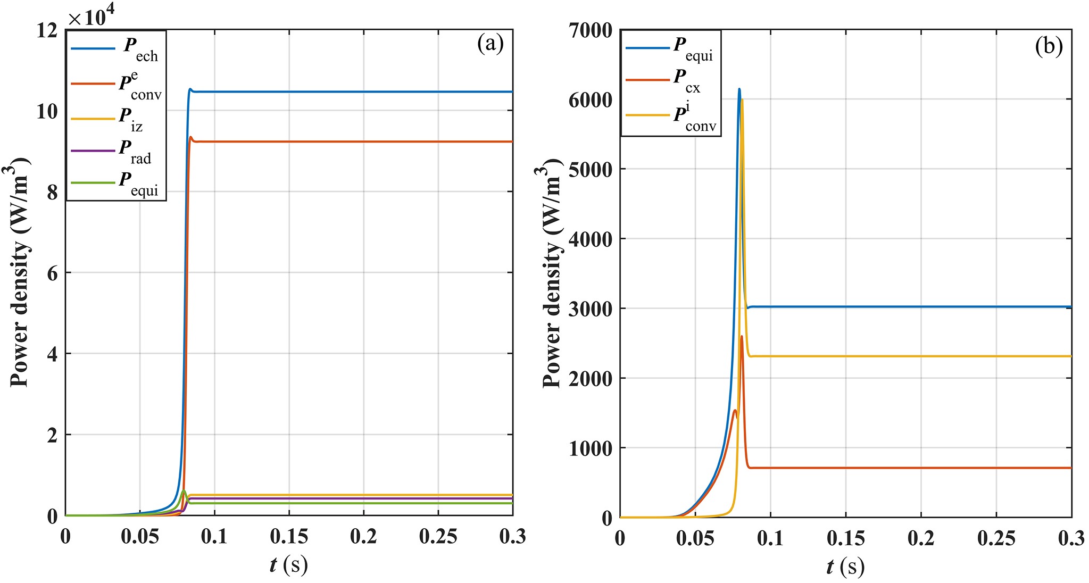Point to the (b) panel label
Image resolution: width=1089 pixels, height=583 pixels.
(x=1049, y=46)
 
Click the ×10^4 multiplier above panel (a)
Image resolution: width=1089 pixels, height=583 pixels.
(x=91, y=16)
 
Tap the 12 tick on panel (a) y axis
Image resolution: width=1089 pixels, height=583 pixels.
(x=47, y=30)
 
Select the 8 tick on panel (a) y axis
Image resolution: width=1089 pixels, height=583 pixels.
(x=52, y=192)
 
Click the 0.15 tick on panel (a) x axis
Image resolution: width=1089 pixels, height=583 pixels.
(x=289, y=536)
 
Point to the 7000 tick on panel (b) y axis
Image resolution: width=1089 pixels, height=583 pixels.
(x=591, y=30)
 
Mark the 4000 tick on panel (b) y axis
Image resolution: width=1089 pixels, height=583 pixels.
(x=591, y=239)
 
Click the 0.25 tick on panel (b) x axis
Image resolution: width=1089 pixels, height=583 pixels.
(x=996, y=538)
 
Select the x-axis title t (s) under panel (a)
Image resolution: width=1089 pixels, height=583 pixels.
(x=288, y=565)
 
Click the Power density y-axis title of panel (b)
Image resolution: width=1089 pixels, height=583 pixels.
(x=552, y=273)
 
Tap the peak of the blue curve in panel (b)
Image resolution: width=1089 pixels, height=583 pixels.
(x=739, y=89)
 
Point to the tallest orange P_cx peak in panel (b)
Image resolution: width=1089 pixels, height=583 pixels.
(x=742, y=336)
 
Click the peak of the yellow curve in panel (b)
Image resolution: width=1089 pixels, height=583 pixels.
(x=742, y=99)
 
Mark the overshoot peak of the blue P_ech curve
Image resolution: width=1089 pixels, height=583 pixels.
(x=190, y=89)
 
